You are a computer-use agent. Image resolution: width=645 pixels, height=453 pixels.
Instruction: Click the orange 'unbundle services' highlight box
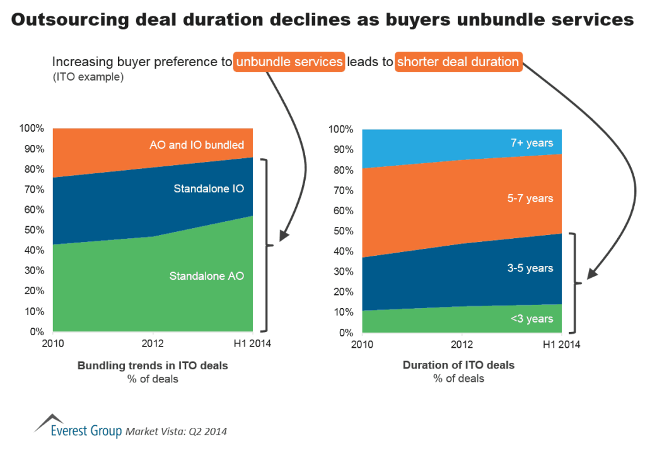tap(289, 62)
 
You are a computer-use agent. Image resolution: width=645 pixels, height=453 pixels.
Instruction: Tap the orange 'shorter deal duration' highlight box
tap(458, 62)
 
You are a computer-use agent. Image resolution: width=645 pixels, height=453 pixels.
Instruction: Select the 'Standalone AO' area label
tap(206, 275)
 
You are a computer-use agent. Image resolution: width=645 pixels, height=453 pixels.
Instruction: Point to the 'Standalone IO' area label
tap(209, 188)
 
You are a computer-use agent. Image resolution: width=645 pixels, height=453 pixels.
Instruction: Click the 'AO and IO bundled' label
tap(197, 145)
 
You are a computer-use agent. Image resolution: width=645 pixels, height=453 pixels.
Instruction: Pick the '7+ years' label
tap(532, 143)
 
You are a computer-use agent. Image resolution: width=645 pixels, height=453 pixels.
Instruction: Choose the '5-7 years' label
tap(531, 198)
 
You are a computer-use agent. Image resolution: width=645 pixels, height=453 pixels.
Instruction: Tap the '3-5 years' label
tap(531, 268)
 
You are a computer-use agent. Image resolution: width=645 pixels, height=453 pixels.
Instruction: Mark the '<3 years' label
tap(532, 318)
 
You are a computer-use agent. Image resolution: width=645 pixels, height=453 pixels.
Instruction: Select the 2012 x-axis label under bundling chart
tap(153, 344)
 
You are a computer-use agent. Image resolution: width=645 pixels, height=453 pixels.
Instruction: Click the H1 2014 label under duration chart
tap(561, 345)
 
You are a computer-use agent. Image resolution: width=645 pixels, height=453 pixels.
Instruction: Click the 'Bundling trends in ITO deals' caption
tap(153, 365)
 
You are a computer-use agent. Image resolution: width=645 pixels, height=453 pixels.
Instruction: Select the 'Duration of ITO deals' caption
tap(458, 365)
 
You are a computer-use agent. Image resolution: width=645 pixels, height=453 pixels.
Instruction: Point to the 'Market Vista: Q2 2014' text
tap(177, 432)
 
